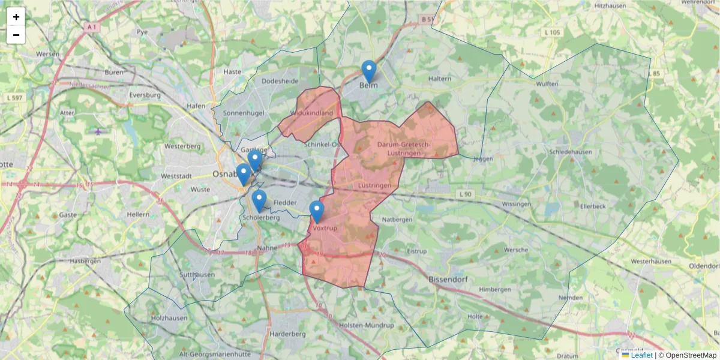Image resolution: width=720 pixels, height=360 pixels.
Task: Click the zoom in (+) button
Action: click(16, 17)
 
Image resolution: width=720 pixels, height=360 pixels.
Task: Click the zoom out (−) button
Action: click(16, 35)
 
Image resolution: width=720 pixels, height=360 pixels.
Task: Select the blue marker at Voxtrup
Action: click(317, 212)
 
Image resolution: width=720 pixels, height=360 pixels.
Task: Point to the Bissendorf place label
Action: click(449, 280)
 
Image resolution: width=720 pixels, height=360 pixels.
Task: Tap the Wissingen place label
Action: click(517, 204)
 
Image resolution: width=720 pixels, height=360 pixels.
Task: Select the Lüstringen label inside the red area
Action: click(374, 186)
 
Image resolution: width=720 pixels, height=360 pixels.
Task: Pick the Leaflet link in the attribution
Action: click(641, 355)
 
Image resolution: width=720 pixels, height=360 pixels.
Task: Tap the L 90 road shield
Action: click(466, 194)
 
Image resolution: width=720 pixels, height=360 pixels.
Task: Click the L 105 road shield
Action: click(552, 32)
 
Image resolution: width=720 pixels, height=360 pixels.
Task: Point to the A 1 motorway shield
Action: click(91, 27)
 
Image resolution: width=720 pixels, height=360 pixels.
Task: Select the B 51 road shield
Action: click(427, 20)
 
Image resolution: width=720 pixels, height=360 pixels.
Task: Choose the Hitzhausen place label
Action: click(610, 5)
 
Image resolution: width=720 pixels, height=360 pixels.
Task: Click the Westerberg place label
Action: click(182, 146)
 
